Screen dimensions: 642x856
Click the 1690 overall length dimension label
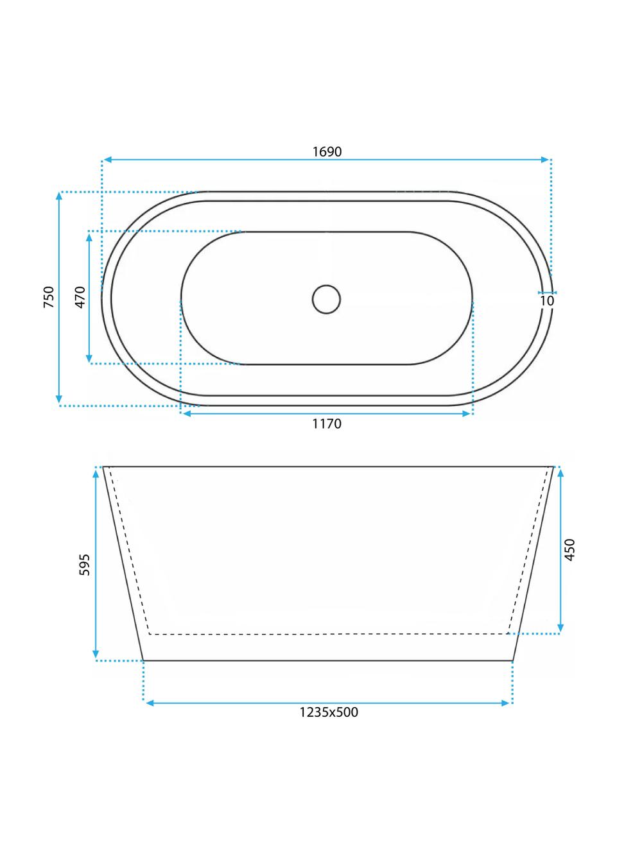(327, 151)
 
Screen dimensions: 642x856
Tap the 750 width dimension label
(49, 297)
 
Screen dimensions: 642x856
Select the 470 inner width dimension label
(80, 297)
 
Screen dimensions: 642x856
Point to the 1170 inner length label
(327, 424)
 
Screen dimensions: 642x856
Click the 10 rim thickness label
(547, 301)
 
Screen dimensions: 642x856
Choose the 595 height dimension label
(84, 565)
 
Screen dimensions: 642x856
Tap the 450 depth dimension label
(570, 550)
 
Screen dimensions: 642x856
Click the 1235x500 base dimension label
(329, 712)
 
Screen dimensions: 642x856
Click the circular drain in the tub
(327, 299)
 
